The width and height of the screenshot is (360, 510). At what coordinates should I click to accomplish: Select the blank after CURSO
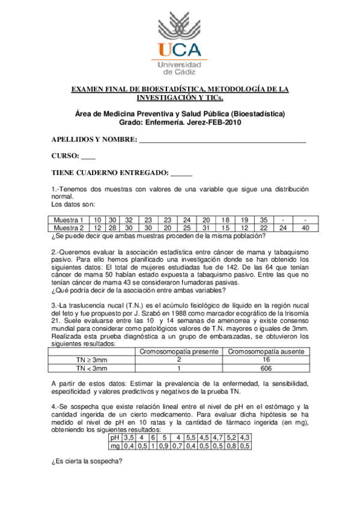coord(88,156)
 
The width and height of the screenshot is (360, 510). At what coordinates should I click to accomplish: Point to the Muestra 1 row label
coord(69,220)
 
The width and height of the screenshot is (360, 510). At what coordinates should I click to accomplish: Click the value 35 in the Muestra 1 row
coord(263,220)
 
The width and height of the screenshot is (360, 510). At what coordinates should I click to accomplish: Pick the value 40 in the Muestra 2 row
coord(305,228)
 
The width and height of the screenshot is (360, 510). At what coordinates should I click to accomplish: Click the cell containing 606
coord(266,368)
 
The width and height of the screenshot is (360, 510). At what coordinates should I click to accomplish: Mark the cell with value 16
coord(266,360)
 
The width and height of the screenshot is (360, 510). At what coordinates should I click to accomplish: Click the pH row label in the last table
coord(114,438)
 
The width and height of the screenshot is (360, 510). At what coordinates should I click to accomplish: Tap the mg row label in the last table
coord(114,446)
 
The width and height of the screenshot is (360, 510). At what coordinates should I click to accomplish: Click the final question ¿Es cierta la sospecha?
coord(87,462)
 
